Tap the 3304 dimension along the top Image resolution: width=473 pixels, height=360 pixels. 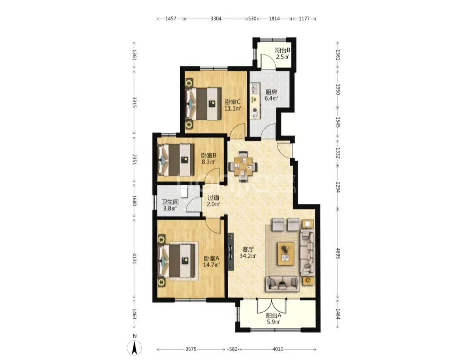point(216,19)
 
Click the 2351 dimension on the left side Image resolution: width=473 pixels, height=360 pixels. point(134,159)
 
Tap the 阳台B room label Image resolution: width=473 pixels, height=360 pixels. point(283,50)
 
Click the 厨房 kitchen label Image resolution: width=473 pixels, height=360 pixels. point(271,92)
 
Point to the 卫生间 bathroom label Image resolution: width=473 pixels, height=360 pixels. point(170,202)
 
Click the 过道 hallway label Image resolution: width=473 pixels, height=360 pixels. point(213,197)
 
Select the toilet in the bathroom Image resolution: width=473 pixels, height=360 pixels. point(184,192)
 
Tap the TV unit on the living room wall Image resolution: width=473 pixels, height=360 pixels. point(231,251)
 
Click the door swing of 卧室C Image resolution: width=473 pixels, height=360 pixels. point(237,131)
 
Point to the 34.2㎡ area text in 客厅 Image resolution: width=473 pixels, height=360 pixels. point(248,256)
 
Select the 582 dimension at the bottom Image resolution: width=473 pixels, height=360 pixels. point(233,349)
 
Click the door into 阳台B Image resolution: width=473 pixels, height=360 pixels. point(268,61)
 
